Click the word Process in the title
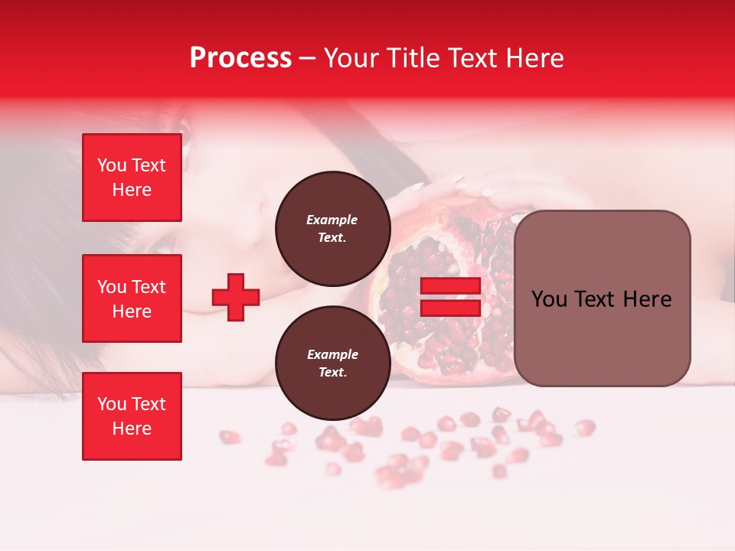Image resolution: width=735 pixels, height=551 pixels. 240,58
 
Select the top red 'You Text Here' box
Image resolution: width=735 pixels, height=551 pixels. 132,178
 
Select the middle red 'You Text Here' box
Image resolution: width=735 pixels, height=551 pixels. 132,298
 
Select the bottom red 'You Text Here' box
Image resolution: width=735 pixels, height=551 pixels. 132,416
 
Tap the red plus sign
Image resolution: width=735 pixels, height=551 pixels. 236,297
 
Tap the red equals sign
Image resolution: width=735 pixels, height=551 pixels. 450,297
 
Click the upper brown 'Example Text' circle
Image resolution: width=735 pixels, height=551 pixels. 332,229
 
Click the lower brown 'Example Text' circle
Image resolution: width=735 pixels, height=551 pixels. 332,364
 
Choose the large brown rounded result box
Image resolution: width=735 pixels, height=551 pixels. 602,298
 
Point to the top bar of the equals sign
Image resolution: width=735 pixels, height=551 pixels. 450,286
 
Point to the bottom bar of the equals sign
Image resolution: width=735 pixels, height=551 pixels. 450,308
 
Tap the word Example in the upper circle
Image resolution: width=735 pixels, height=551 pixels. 332,220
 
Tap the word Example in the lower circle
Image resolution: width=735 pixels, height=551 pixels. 332,355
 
